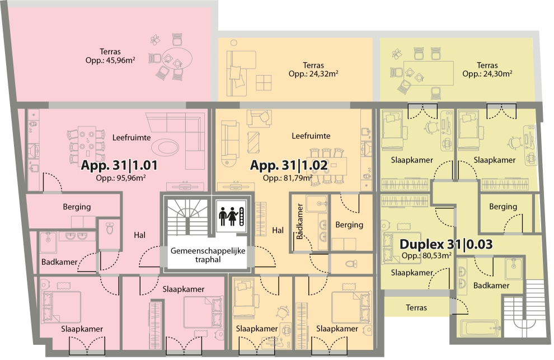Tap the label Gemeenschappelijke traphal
click(208, 255)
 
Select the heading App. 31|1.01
click(119, 165)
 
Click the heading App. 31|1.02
click(289, 165)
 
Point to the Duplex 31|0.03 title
click(446, 244)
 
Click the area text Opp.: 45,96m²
click(110, 60)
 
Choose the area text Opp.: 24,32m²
click(313, 73)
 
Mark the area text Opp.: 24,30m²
click(487, 73)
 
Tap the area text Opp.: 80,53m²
click(426, 256)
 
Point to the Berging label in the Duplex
click(503, 207)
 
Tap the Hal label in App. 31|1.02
click(278, 230)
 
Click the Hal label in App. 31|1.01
click(139, 235)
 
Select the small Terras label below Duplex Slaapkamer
click(416, 308)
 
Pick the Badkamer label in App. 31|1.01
click(59, 262)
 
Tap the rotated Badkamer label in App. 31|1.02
click(299, 221)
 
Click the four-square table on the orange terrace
click(264, 83)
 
